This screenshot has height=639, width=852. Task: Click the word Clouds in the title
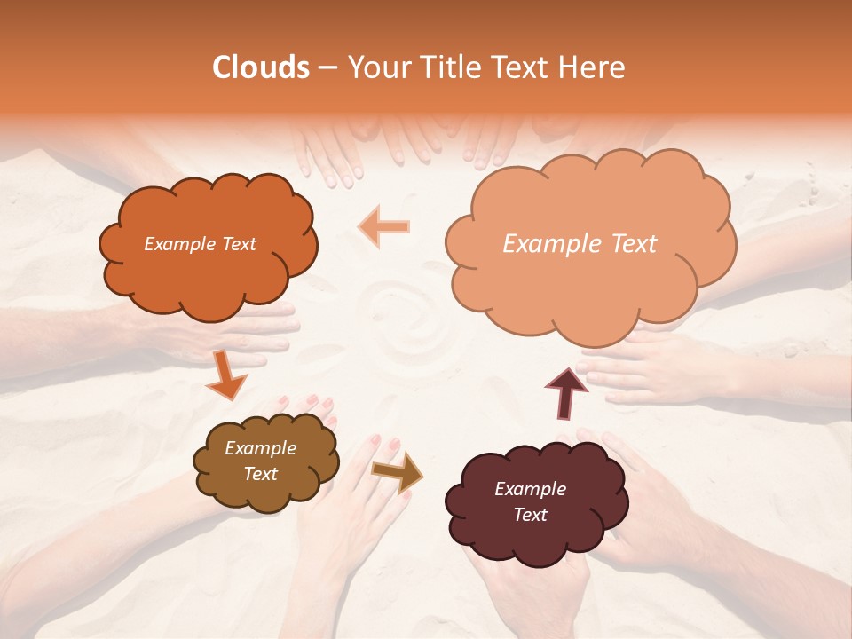[x=261, y=67]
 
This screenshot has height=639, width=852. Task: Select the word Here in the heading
[x=593, y=67]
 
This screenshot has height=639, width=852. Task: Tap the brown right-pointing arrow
[x=397, y=471]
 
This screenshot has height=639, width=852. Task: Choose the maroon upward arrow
[x=565, y=391]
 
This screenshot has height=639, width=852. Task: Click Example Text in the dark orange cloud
[x=200, y=244]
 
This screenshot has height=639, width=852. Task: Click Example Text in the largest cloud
[x=580, y=243]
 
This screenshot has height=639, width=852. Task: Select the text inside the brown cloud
[x=261, y=461]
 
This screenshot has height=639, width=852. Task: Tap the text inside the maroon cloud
[x=530, y=501]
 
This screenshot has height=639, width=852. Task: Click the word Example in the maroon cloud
[x=530, y=489]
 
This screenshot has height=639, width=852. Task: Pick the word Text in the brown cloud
[x=261, y=474]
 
